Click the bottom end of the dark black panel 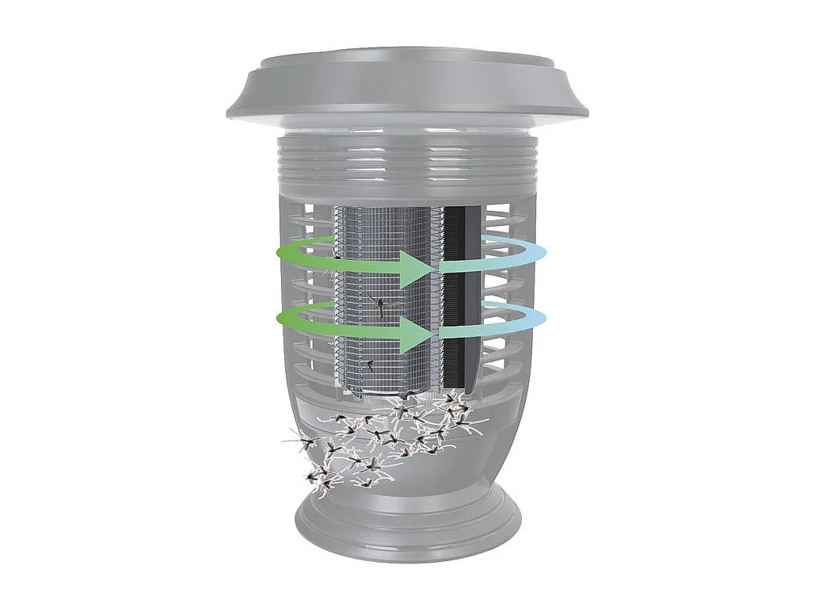click(x=459, y=385)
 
